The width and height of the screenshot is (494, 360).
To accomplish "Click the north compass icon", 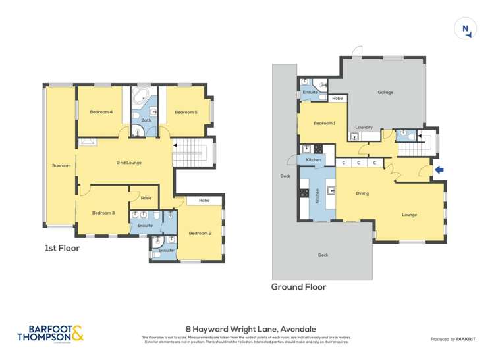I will (x=466, y=29).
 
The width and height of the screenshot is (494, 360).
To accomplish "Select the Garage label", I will (x=385, y=92).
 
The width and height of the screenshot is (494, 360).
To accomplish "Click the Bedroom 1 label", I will (x=324, y=123).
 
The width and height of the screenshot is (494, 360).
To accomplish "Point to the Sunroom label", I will (x=61, y=165).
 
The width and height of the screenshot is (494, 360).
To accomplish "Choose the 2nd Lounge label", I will (x=129, y=163).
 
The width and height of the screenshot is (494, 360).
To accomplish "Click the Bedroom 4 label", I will (x=101, y=112).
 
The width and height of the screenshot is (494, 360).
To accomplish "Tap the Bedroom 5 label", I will (x=186, y=112).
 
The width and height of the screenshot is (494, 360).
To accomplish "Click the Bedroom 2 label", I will (x=200, y=233).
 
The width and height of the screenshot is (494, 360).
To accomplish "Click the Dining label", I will (x=362, y=193).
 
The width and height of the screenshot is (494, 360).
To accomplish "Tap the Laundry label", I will (x=364, y=127).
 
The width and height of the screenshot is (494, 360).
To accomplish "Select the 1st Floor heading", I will (x=62, y=248).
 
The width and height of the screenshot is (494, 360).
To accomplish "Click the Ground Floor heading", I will (x=299, y=287).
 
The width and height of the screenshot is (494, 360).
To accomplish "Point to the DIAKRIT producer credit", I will (x=452, y=339).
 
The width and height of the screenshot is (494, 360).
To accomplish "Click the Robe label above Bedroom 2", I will (x=204, y=200).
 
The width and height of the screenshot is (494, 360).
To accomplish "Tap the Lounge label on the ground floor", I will (x=410, y=215).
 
